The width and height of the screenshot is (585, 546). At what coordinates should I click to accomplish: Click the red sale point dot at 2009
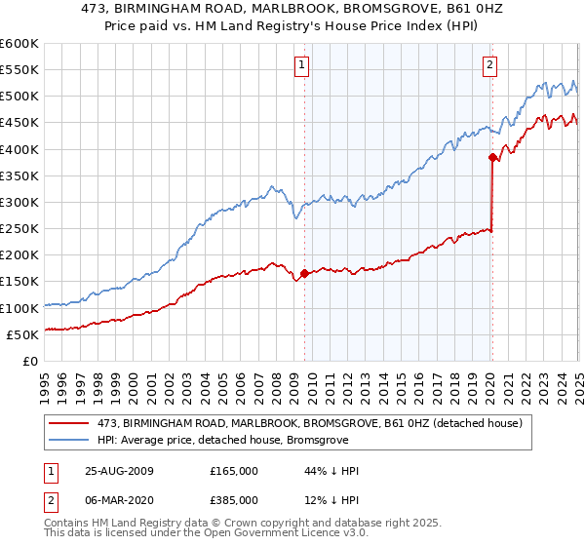click(x=305, y=274)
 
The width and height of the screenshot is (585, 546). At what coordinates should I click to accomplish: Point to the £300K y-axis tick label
click(x=19, y=202)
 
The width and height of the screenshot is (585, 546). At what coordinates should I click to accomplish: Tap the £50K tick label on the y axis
click(x=23, y=334)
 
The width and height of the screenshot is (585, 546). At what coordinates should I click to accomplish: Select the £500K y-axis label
click(x=19, y=96)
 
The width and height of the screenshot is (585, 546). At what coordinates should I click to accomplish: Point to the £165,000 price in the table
click(x=234, y=470)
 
